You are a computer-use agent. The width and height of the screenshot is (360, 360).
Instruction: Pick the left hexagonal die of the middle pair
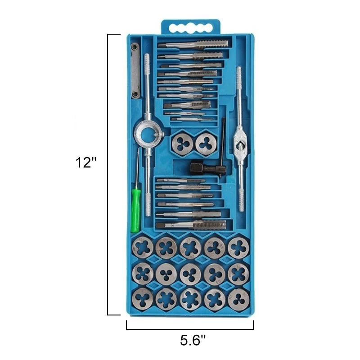[x=182, y=144]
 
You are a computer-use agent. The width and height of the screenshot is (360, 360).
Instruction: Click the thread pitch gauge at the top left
[x=135, y=71]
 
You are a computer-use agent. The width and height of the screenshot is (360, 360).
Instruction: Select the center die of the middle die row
[x=190, y=274]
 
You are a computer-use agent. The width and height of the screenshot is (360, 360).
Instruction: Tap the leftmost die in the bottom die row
[x=143, y=299]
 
